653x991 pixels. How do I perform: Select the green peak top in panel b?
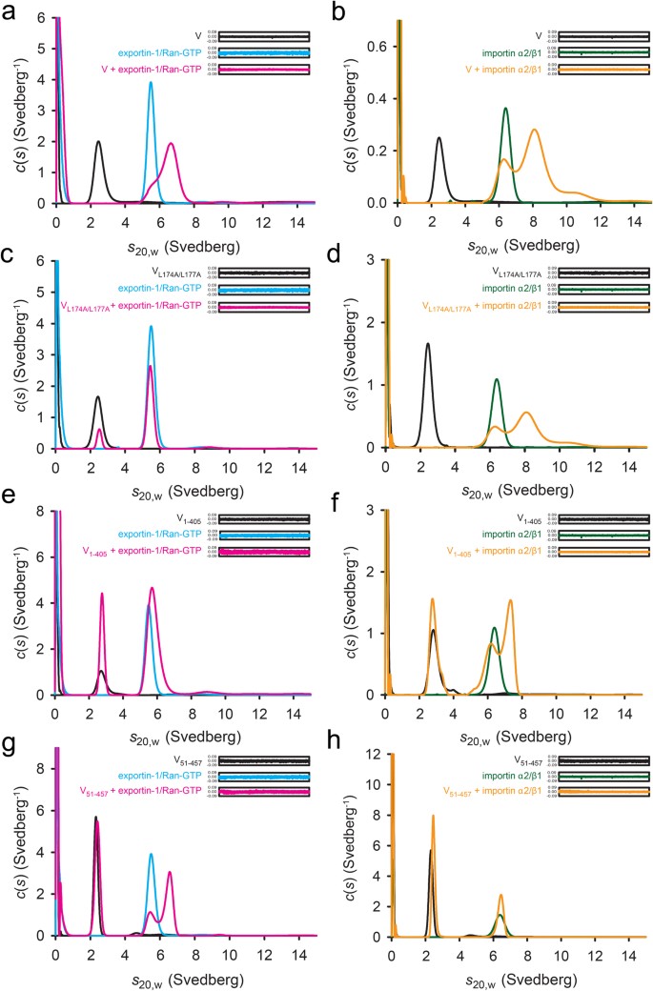click(x=505, y=109)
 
